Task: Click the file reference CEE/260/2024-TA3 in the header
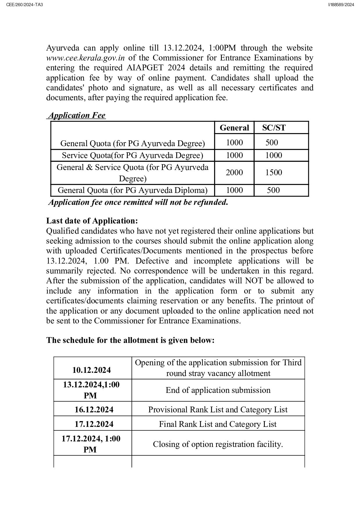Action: (x=24, y=5)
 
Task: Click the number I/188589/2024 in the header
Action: (x=341, y=5)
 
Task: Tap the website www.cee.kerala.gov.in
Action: (x=85, y=58)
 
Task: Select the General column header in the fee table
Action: (x=234, y=128)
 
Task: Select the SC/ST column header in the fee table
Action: (x=274, y=128)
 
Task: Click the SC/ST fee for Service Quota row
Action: (x=273, y=155)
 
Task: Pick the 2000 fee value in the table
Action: (x=234, y=173)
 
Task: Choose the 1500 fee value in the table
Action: (x=273, y=173)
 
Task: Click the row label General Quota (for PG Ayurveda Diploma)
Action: (x=132, y=190)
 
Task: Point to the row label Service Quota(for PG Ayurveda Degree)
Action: (x=132, y=155)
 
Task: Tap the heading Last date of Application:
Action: (x=92, y=221)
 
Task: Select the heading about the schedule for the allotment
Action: (x=130, y=340)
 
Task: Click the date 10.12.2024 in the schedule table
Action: (x=91, y=370)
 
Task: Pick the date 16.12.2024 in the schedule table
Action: (x=94, y=410)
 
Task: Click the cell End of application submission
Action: (x=218, y=390)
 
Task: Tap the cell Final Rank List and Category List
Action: (x=218, y=424)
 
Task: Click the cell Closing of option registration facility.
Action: (x=218, y=444)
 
